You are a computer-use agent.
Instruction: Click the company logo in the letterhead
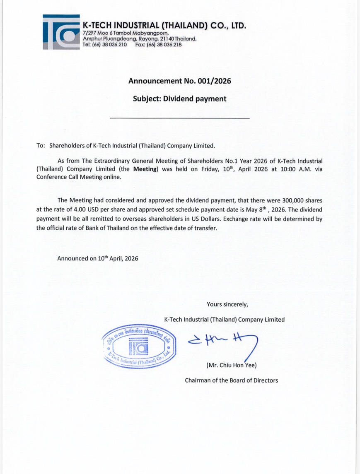pyautogui.click(x=61, y=32)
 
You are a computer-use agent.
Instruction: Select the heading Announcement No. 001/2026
pyautogui.click(x=180, y=81)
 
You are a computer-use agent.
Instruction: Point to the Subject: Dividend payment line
pyautogui.click(x=180, y=99)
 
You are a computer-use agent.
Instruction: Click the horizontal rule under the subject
pyautogui.click(x=180, y=119)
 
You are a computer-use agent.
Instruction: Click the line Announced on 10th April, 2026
pyautogui.click(x=98, y=258)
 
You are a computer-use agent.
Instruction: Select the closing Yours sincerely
pyautogui.click(x=227, y=304)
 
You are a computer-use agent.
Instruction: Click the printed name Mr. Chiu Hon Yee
pyautogui.click(x=232, y=365)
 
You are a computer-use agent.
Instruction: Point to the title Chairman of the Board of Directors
pyautogui.click(x=231, y=380)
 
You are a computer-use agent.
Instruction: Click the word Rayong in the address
pyautogui.click(x=150, y=39)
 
